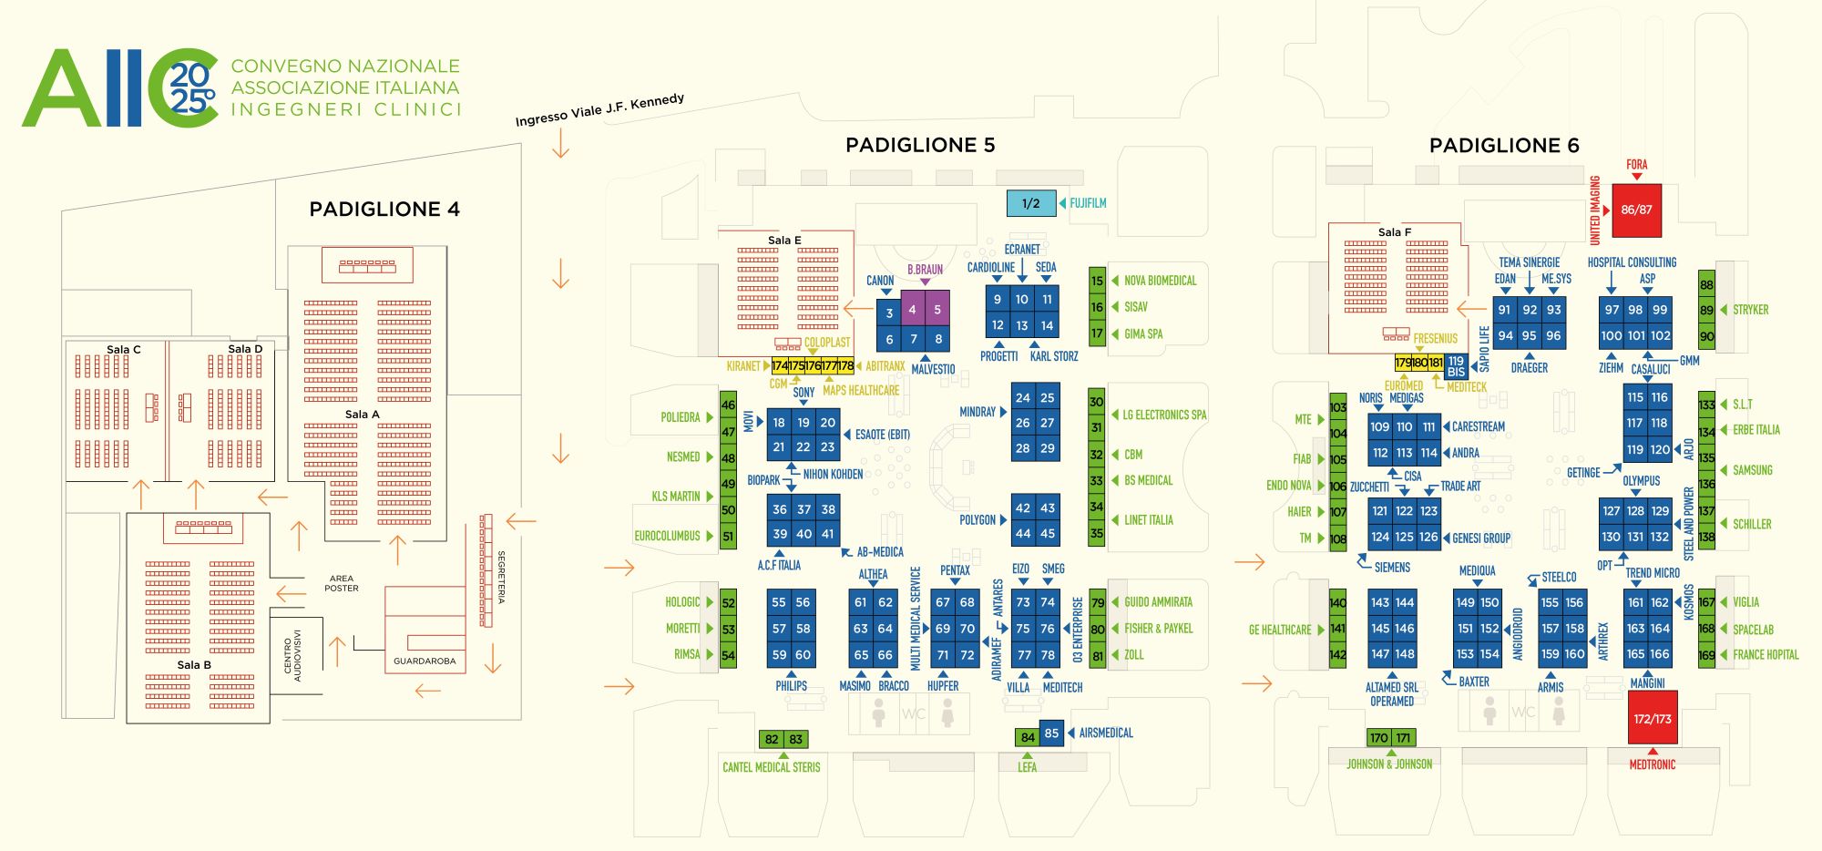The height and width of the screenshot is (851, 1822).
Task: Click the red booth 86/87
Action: coord(1636,210)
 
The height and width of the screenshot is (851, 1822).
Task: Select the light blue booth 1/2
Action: coord(1030,203)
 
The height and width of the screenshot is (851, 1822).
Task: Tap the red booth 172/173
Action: coord(1653,719)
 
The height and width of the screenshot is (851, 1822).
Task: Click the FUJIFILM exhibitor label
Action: coord(1088,203)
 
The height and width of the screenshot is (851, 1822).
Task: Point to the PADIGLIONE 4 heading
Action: coord(384,210)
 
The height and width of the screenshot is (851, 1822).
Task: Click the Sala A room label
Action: coord(363,415)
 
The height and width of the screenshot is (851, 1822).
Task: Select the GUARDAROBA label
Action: coord(425,661)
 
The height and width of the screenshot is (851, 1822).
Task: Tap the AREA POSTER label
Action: coord(342,583)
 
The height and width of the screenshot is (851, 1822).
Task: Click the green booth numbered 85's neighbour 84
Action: coord(1028,737)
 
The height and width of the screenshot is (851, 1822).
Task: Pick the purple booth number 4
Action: coord(913,310)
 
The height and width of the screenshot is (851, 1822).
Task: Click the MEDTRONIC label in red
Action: coord(1653,765)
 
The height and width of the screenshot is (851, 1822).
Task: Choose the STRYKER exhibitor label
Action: coord(1750,310)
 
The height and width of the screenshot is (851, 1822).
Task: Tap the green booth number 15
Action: coord(1097,281)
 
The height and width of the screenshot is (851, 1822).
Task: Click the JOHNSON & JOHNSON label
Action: coord(1389,764)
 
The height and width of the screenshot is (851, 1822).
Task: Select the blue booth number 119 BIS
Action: coord(1456,366)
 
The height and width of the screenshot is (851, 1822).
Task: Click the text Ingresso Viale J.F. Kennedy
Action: coord(599,109)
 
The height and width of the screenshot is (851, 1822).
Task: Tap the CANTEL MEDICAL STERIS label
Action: coord(772,767)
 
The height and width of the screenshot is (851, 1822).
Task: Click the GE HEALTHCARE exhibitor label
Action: coord(1280,630)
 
